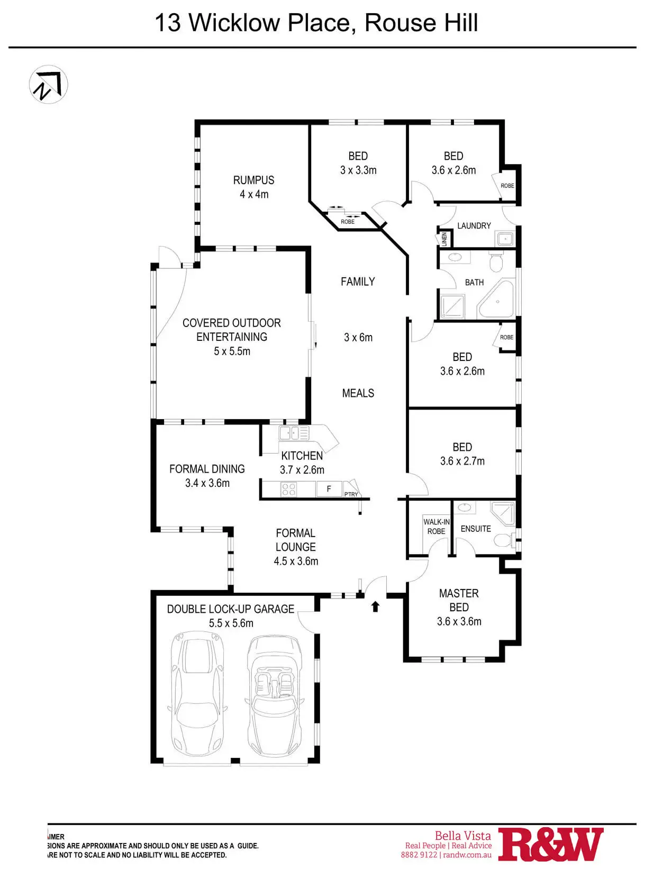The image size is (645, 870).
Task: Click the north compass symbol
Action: (x=48, y=84)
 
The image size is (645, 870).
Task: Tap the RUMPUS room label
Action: (x=254, y=180)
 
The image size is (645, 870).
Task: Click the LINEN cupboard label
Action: (x=444, y=239)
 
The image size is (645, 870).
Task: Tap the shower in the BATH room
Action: (x=453, y=306)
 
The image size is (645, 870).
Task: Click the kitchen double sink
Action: (x=294, y=433)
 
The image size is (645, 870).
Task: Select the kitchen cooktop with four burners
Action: (x=288, y=490)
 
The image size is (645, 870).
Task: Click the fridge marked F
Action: (x=329, y=489)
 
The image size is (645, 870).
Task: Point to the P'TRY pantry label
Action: (x=351, y=494)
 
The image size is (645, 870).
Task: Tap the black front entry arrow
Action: (x=375, y=606)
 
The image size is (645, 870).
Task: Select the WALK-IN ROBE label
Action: (x=437, y=527)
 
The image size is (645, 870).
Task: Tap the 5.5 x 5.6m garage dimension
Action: (x=231, y=623)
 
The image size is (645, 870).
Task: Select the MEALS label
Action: (x=358, y=393)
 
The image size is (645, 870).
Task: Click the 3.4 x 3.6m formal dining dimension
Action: (x=207, y=483)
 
